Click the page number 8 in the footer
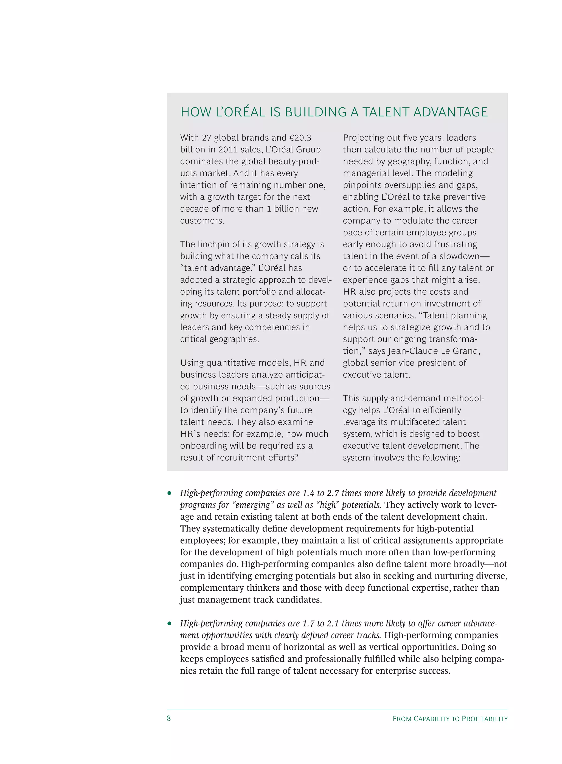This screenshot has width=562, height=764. (x=169, y=718)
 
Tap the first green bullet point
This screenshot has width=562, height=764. (x=169, y=493)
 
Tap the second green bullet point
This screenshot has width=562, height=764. (x=169, y=623)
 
